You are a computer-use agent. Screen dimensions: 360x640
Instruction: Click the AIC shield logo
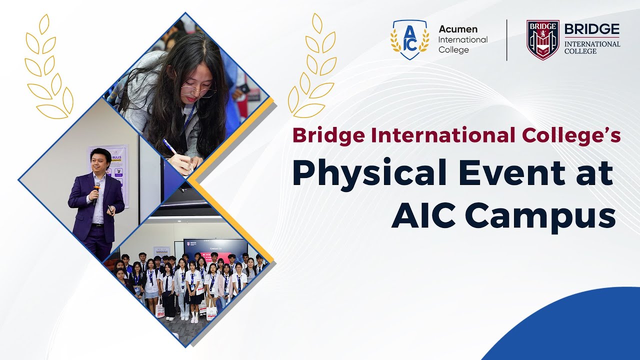(x=409, y=40)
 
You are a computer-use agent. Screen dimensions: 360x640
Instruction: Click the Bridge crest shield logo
(x=542, y=40)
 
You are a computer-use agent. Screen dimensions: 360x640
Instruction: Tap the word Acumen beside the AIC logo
(x=457, y=29)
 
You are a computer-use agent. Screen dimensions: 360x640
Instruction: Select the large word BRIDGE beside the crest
(x=592, y=29)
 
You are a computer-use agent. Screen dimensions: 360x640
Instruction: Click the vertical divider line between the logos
(x=507, y=40)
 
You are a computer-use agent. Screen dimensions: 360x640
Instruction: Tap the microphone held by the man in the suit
(x=96, y=187)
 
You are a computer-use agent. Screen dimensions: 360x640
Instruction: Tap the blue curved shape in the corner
(x=575, y=330)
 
